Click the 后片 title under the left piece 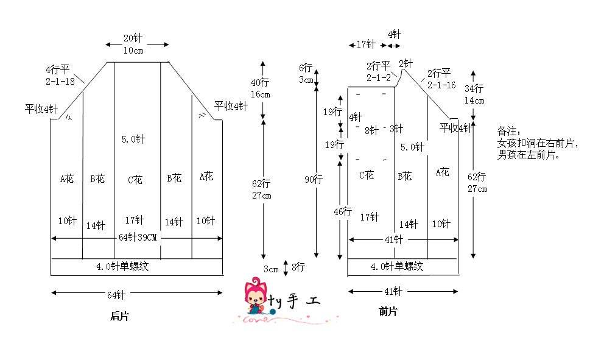119,316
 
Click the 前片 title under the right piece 388,311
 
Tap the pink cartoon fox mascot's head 255,290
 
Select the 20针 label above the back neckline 133,38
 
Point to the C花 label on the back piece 135,180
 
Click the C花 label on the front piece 367,175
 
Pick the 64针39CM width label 138,238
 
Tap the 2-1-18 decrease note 60,82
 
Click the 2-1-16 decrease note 441,85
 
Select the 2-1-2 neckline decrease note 379,78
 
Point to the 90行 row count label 313,179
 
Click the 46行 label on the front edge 342,211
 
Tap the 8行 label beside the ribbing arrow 298,267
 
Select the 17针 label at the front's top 366,44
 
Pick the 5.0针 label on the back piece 133,139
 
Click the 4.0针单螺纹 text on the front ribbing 397,266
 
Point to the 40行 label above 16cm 260,82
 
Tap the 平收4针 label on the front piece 456,127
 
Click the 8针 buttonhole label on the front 372,131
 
